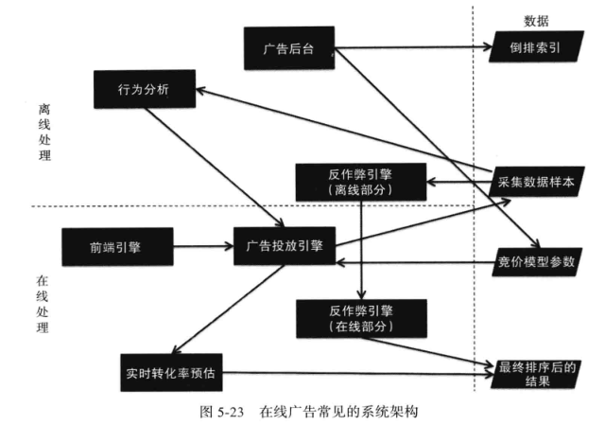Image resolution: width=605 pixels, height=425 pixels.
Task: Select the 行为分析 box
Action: (x=144, y=90)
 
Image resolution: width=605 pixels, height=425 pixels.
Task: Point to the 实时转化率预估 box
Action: (x=170, y=372)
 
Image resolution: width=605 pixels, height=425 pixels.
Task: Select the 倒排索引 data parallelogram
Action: (x=534, y=48)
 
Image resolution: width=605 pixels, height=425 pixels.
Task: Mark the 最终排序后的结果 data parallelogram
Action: (x=534, y=372)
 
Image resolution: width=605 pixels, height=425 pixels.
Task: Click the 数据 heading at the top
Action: (x=536, y=21)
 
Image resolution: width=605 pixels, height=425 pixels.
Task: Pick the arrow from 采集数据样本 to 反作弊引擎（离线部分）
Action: (x=455, y=181)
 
